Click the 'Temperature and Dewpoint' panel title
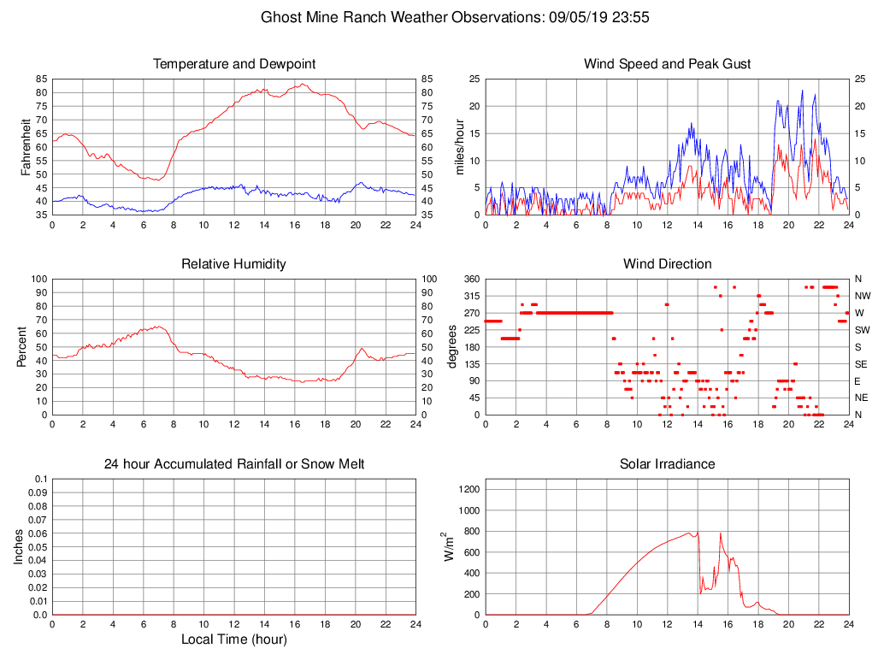point(234,64)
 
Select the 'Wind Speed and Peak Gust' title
point(667,64)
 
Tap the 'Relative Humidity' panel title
point(234,264)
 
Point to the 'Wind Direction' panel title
point(667,264)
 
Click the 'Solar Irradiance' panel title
point(667,464)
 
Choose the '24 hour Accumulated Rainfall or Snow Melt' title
point(234,464)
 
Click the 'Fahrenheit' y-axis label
point(26,147)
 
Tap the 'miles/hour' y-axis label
point(459,147)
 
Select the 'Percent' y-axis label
point(21,347)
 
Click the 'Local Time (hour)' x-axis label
point(234,639)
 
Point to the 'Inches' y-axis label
point(19,547)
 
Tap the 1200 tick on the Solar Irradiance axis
point(469,490)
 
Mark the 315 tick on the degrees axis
point(470,296)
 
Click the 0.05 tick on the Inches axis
point(37,547)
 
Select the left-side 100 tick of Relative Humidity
point(38,280)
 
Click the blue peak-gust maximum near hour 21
point(802,91)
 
